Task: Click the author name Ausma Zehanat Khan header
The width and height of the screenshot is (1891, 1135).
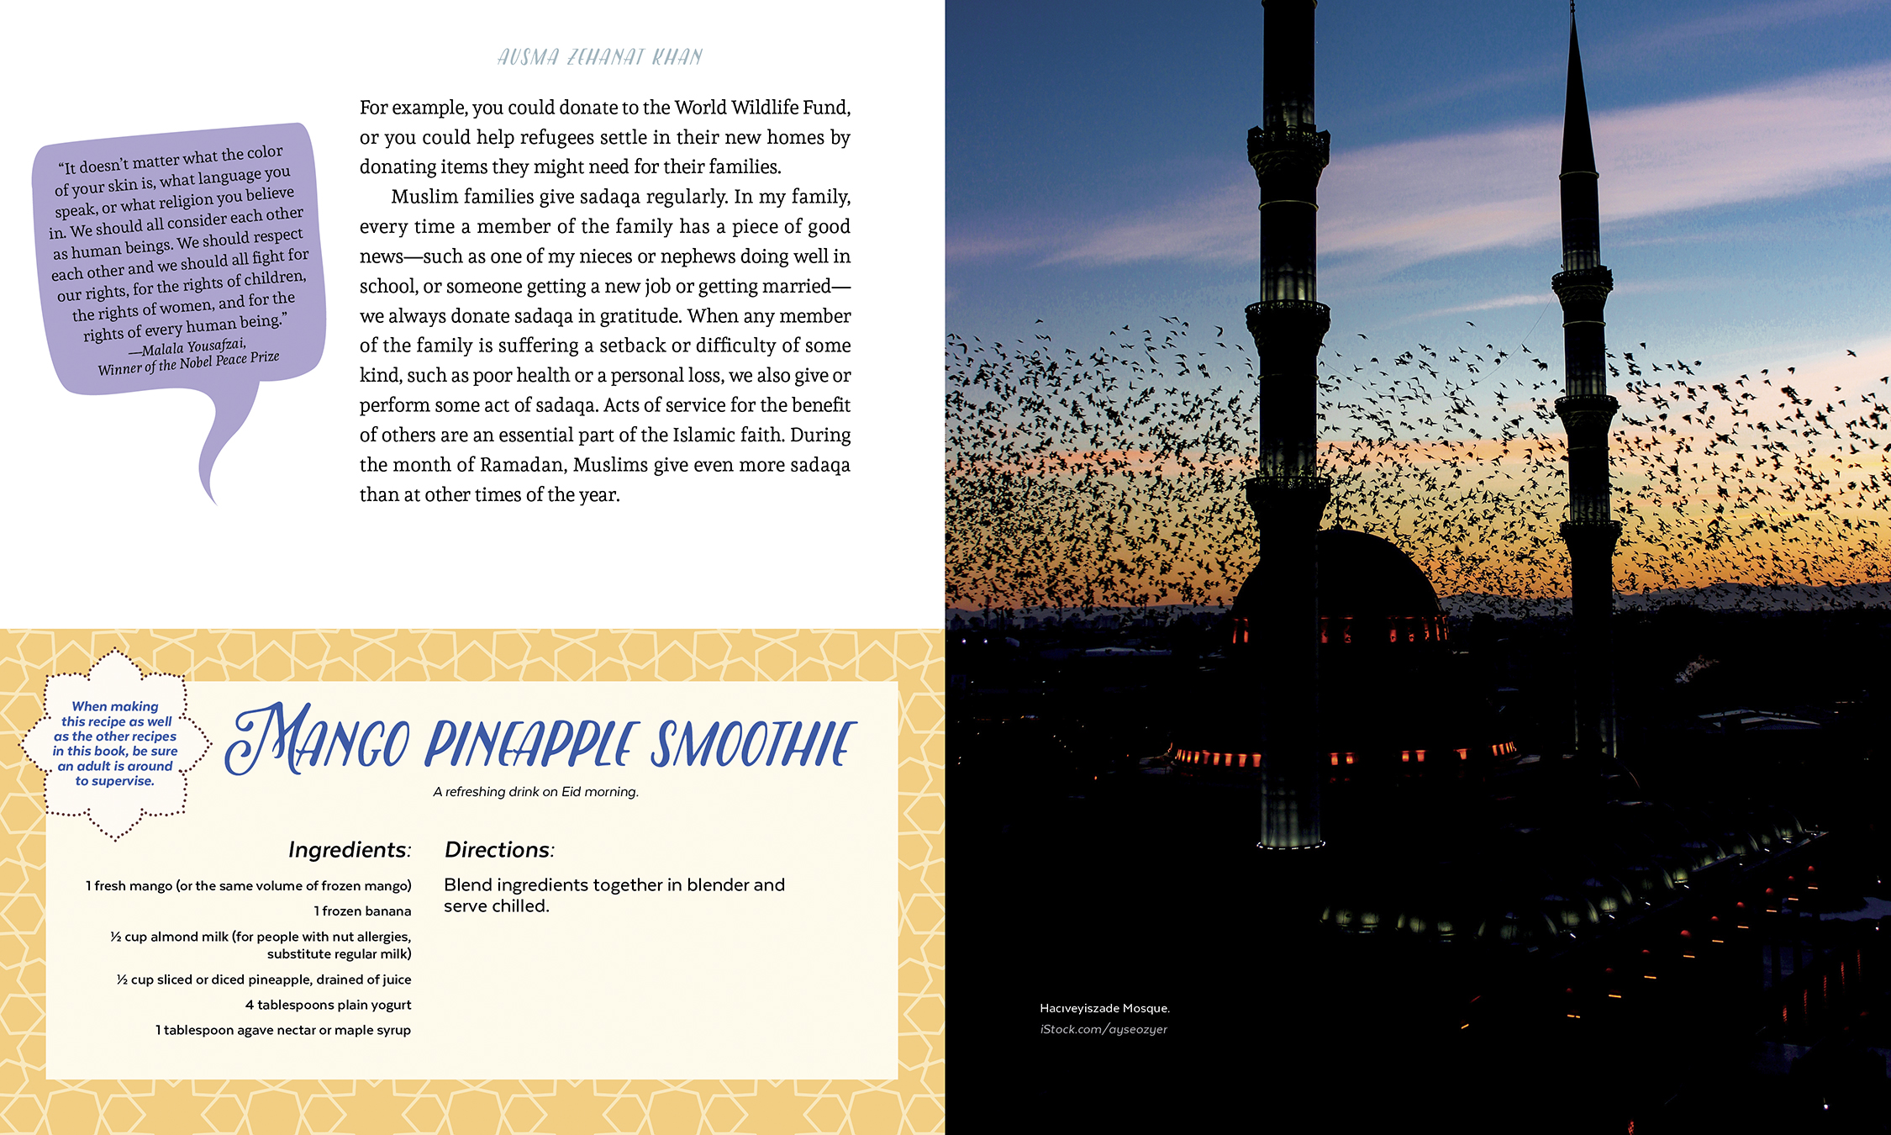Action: point(599,57)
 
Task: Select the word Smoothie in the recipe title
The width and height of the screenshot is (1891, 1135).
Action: point(753,744)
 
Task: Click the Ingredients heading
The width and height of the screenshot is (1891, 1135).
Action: point(350,850)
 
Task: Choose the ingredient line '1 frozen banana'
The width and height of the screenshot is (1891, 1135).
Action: point(362,911)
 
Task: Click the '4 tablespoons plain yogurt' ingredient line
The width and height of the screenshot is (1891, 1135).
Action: point(328,1005)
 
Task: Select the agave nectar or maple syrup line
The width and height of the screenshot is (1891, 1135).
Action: point(283,1031)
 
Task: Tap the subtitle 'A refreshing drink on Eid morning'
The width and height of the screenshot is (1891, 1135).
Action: point(536,792)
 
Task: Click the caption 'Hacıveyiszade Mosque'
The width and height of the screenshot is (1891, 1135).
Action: point(1104,1008)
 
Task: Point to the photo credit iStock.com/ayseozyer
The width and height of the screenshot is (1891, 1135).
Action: point(1104,1029)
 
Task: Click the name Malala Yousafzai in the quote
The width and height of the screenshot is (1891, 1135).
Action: point(193,346)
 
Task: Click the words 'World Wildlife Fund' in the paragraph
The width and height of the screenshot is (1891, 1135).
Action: point(761,108)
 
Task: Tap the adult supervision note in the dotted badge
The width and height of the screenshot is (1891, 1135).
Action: point(115,744)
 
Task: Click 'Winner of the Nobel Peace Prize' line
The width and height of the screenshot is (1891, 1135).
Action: point(188,363)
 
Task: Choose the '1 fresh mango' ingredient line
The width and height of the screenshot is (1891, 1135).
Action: point(248,886)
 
